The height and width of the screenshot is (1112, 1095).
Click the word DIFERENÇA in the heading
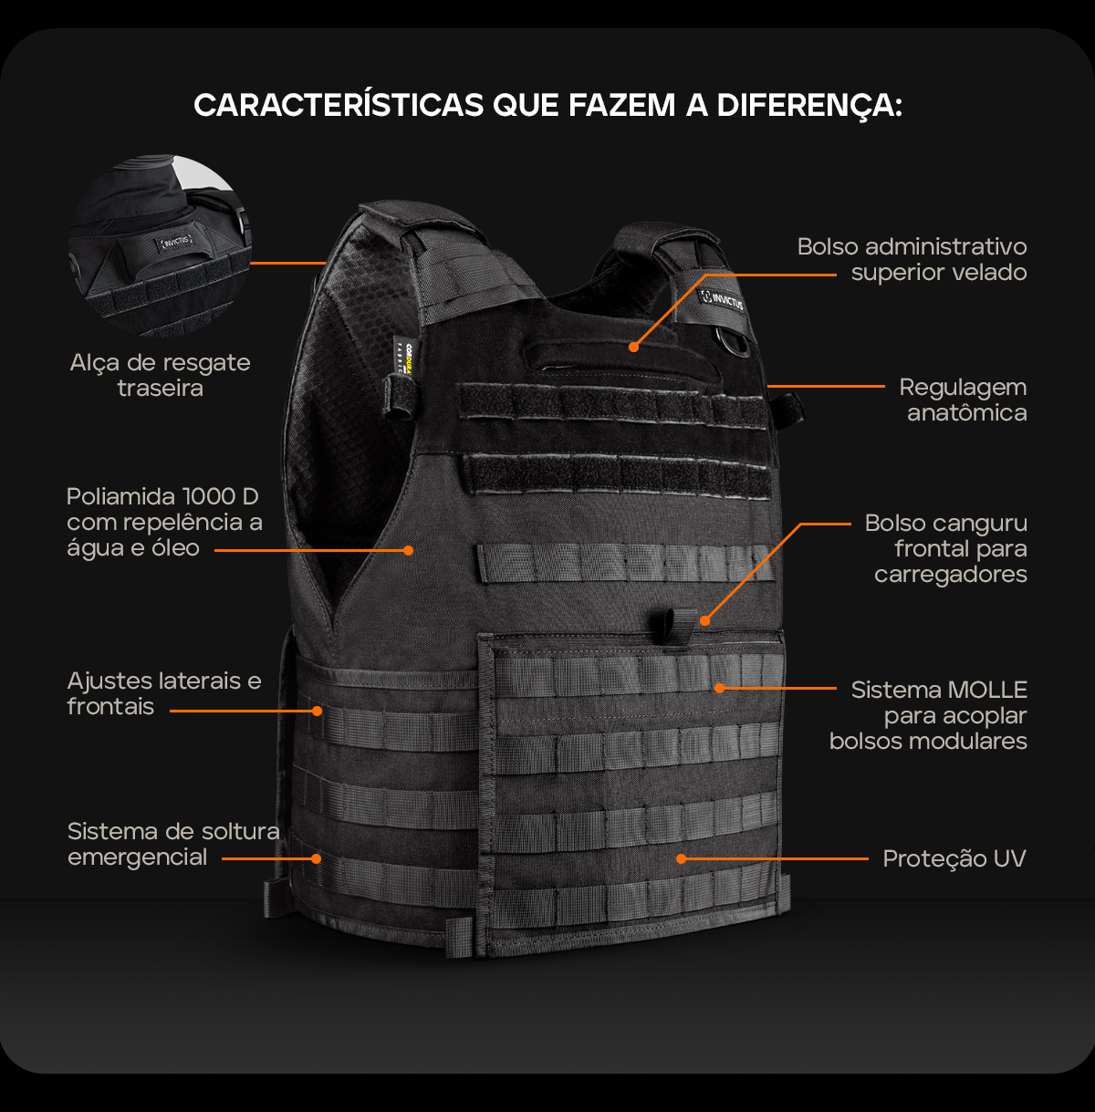pyautogui.click(x=809, y=106)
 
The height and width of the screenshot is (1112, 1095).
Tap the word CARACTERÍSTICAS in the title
pyautogui.click(x=339, y=105)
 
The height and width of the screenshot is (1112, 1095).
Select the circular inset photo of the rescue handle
pyautogui.click(x=160, y=245)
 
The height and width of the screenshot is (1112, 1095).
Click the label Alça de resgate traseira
pyautogui.click(x=160, y=375)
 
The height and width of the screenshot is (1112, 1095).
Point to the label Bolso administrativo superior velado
pyautogui.click(x=912, y=259)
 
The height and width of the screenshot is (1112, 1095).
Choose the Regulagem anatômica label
pyautogui.click(x=963, y=400)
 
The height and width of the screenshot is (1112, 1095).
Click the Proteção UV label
pyautogui.click(x=954, y=858)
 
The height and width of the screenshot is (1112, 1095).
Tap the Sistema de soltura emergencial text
pyautogui.click(x=173, y=844)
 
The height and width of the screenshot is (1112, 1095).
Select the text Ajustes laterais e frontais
pyautogui.click(x=164, y=693)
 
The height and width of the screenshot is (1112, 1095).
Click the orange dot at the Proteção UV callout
pyautogui.click(x=681, y=858)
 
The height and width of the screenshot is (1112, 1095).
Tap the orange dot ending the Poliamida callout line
pyautogui.click(x=409, y=550)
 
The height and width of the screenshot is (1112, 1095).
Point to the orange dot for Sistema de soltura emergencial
pyautogui.click(x=317, y=858)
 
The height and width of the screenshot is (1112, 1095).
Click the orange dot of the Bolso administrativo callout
pyautogui.click(x=634, y=348)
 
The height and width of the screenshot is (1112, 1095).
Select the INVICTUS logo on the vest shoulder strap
pyautogui.click(x=722, y=300)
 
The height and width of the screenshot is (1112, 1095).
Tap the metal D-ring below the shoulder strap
pyautogui.click(x=735, y=342)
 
